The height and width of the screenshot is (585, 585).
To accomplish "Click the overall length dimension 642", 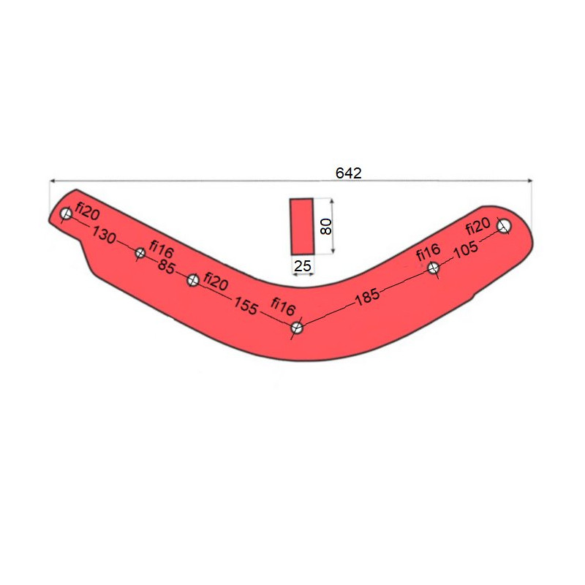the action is tap(349, 173).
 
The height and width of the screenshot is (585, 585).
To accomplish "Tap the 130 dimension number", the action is tap(104, 235).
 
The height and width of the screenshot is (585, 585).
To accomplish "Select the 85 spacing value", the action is tap(166, 266).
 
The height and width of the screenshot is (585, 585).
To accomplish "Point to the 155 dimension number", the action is tap(246, 306).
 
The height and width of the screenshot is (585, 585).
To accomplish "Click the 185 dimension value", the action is tap(368, 298).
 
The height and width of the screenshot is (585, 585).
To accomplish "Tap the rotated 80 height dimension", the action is tap(326, 227).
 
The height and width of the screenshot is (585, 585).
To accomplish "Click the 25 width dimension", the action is tap(302, 266).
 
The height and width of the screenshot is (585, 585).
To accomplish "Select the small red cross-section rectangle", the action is tap(302, 227).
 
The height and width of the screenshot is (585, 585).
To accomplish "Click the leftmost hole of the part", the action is tap(66, 214).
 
